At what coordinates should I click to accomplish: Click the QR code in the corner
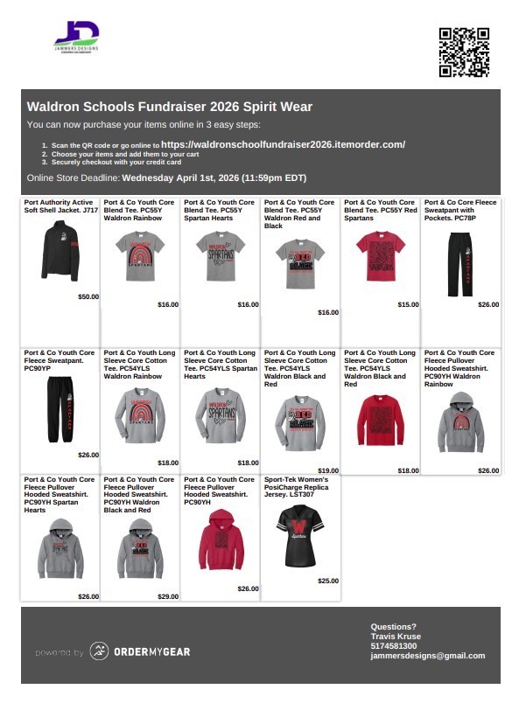[463, 52]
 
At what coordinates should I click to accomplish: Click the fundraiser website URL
[283, 144]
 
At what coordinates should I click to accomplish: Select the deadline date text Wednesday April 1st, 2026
[214, 178]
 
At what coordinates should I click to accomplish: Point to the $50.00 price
[88, 296]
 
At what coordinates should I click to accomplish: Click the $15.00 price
[408, 304]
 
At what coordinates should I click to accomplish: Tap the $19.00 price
[328, 470]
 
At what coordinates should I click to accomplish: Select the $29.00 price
[168, 596]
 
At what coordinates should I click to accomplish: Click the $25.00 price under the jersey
[328, 581]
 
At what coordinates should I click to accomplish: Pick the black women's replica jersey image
[300, 535]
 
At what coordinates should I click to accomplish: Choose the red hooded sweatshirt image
[221, 539]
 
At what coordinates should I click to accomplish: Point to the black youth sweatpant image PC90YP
[60, 409]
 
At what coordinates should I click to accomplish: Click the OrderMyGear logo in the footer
[140, 651]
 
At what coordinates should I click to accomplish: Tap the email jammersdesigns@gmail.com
[427, 656]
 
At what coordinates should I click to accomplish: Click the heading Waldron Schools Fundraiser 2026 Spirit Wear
[170, 107]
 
